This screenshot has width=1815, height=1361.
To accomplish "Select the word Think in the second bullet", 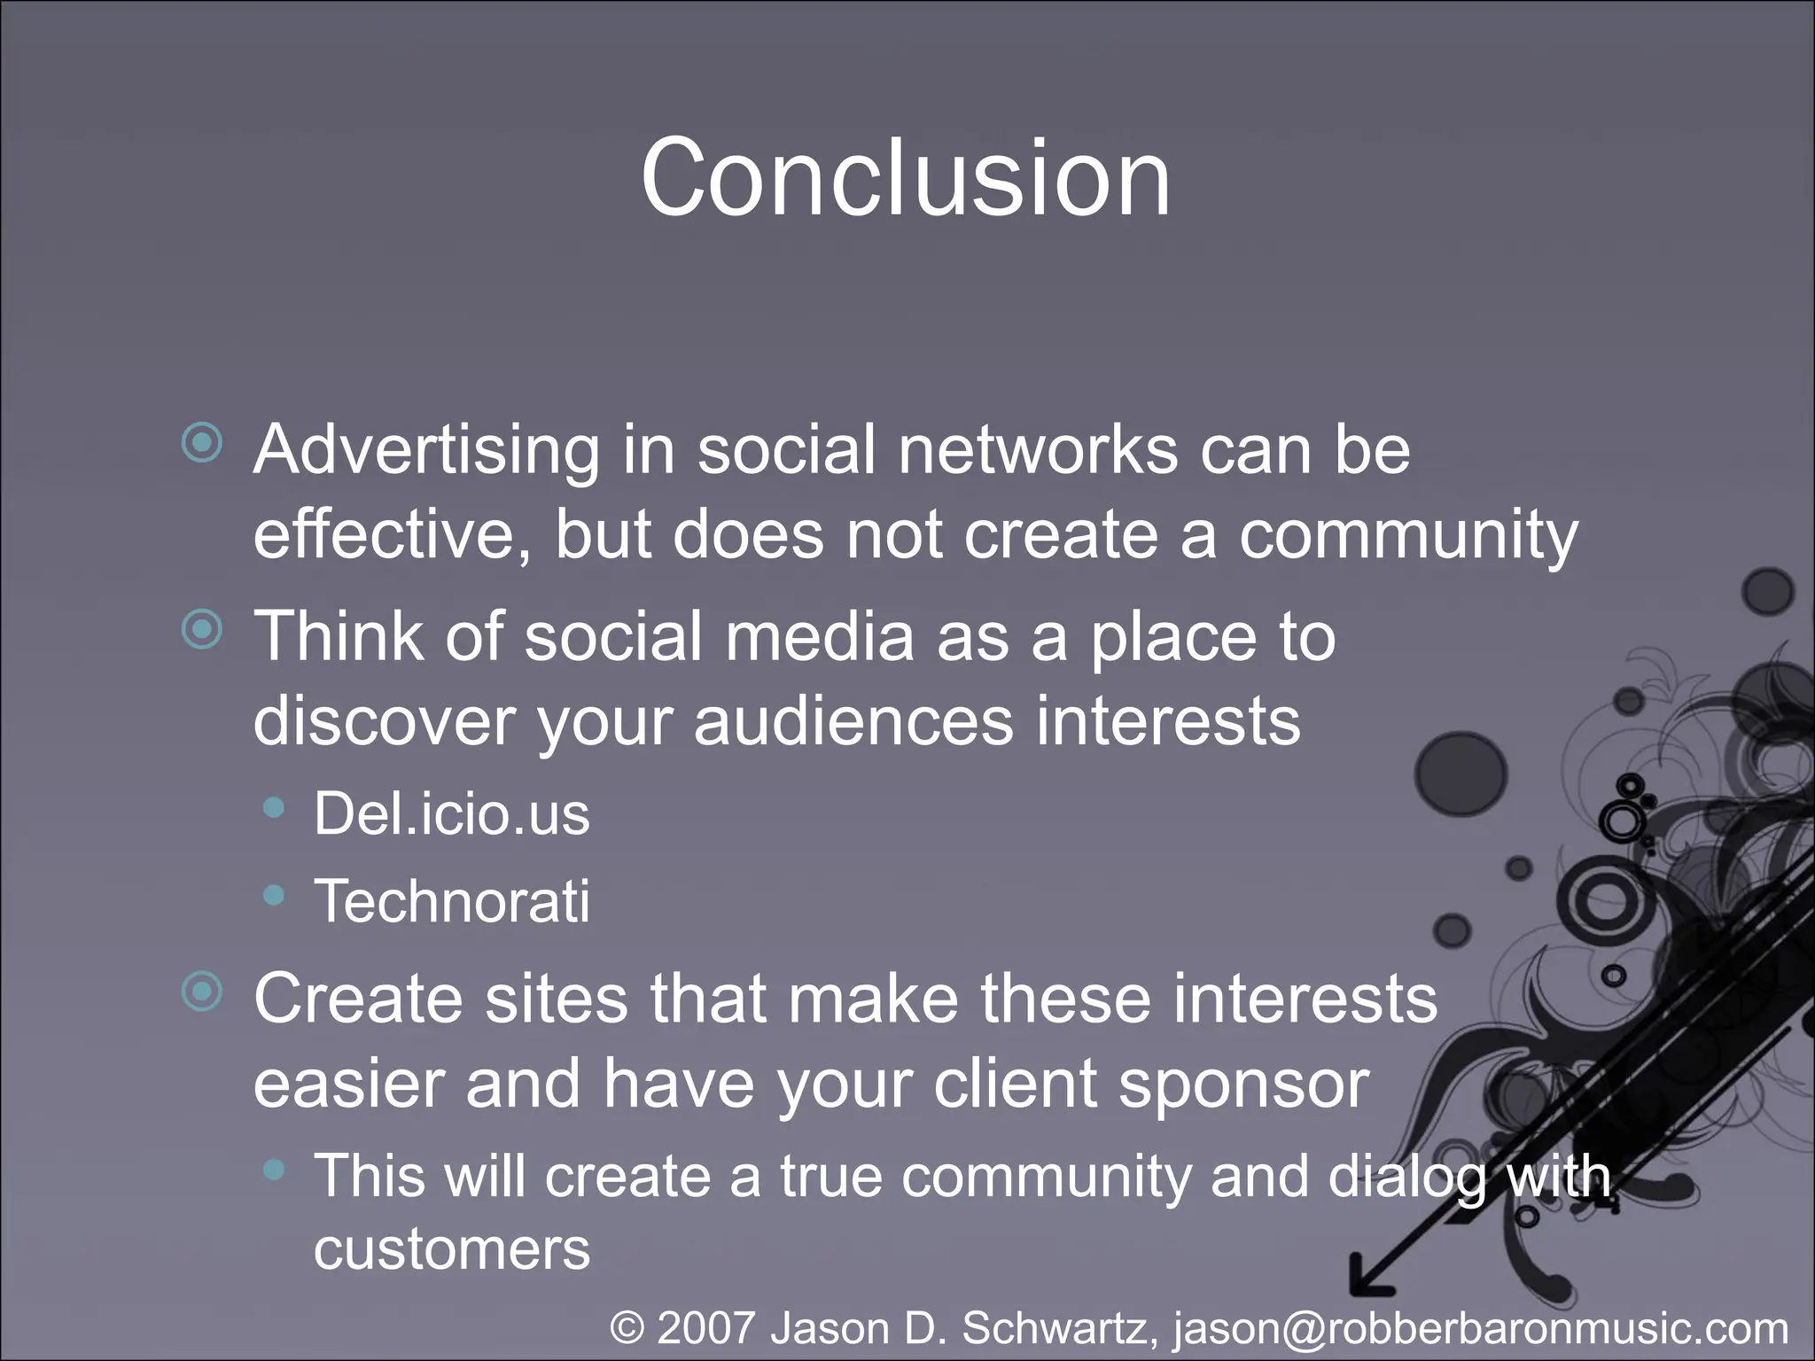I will point(337,636).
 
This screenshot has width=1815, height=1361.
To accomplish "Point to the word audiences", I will point(853,721).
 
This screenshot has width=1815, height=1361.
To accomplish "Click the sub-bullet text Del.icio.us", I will point(451,813).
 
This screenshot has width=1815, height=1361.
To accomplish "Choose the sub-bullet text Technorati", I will point(451,901).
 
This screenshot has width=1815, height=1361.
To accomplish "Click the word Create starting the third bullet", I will point(358,999).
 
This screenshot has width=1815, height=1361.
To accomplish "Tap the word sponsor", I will point(1243,1084).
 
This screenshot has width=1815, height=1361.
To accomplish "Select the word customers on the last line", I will point(451,1249).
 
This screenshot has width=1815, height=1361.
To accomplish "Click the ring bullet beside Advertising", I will point(202,442).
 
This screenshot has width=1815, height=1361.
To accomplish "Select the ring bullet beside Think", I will point(202,630).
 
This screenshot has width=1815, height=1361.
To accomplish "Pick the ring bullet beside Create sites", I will point(202,992).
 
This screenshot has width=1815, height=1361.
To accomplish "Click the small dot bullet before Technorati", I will point(275,896).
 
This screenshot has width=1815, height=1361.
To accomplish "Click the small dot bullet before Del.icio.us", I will point(275,807).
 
